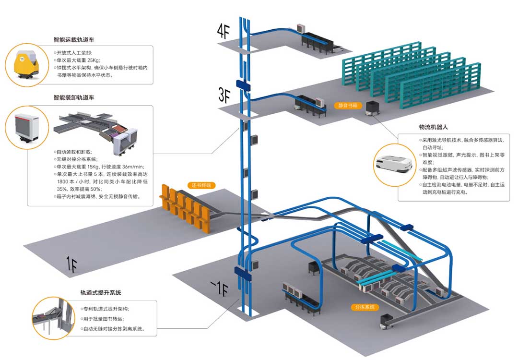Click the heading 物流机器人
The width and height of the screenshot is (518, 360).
[433, 128]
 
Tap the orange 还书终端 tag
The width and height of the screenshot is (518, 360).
[200, 185]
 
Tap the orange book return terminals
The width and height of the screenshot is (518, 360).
[187, 209]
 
